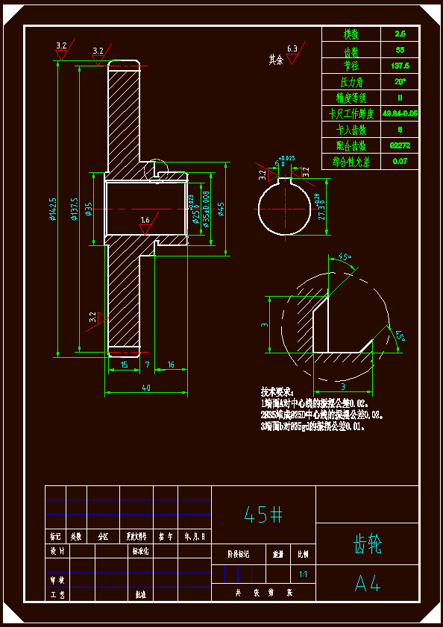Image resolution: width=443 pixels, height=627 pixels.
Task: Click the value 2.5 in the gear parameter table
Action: (x=400, y=34)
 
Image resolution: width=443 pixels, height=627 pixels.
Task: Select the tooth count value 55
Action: (x=400, y=51)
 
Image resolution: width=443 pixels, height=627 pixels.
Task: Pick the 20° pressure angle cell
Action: (x=400, y=81)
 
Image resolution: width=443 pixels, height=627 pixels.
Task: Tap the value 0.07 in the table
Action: (x=400, y=161)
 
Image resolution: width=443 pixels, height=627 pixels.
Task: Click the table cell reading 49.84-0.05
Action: (x=400, y=113)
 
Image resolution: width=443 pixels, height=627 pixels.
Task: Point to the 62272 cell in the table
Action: (x=400, y=145)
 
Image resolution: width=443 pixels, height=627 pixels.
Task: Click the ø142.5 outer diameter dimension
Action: (x=53, y=209)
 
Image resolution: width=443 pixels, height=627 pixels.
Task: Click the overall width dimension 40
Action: (x=145, y=387)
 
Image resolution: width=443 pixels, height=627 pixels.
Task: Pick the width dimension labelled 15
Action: (x=124, y=365)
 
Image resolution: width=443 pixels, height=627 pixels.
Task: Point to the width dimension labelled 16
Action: (x=171, y=365)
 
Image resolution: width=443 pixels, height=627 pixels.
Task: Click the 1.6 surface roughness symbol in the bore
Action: (x=145, y=221)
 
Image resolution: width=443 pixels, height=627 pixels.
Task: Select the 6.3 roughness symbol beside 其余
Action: (x=292, y=52)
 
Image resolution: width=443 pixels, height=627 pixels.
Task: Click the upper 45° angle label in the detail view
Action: (x=344, y=258)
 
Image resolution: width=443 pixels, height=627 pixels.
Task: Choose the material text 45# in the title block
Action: (x=263, y=514)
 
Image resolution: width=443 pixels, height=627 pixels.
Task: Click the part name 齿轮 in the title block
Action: (x=367, y=543)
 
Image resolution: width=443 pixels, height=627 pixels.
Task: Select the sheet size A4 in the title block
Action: (x=367, y=584)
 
